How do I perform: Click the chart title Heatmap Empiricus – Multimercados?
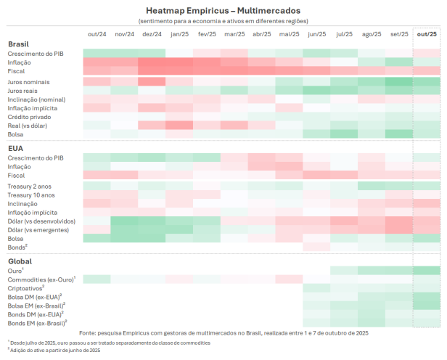tap(223, 11)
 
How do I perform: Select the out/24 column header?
tap(97, 34)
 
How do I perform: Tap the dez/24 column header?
tap(152, 34)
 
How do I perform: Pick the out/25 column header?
tap(427, 34)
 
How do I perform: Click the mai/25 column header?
tap(290, 34)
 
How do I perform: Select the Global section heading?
tap(20, 261)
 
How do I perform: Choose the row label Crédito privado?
tap(30, 116)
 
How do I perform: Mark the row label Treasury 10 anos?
tap(31, 195)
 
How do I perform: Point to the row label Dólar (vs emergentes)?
tap(39, 229)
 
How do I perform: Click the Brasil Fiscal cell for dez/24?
tap(152, 71)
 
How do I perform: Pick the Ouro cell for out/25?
tap(427, 271)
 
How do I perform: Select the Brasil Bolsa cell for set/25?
tap(399, 134)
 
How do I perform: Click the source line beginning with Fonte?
tap(223, 332)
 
